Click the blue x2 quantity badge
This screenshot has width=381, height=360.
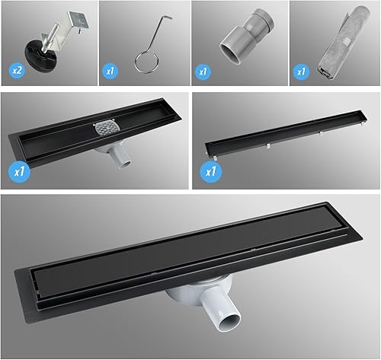coord(17,70)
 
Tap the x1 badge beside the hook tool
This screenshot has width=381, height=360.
coord(110,71)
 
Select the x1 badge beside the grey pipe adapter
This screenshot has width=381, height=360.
coord(203,72)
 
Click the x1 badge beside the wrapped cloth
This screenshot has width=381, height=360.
coord(301,72)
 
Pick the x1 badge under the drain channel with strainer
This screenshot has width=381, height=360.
coord(19,171)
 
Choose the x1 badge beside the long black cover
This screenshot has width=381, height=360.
coord(211,171)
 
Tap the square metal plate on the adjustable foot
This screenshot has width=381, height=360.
coord(79,20)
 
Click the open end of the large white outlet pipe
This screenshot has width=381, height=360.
coord(230,323)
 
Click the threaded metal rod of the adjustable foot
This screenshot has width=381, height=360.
coord(52,37)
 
